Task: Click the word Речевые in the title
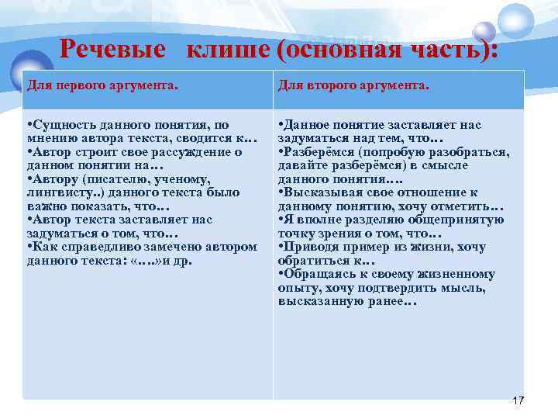(112, 50)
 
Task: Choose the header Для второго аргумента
(353, 85)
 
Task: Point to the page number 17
(518, 400)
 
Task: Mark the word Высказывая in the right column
(319, 192)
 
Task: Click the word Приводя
(308, 247)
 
